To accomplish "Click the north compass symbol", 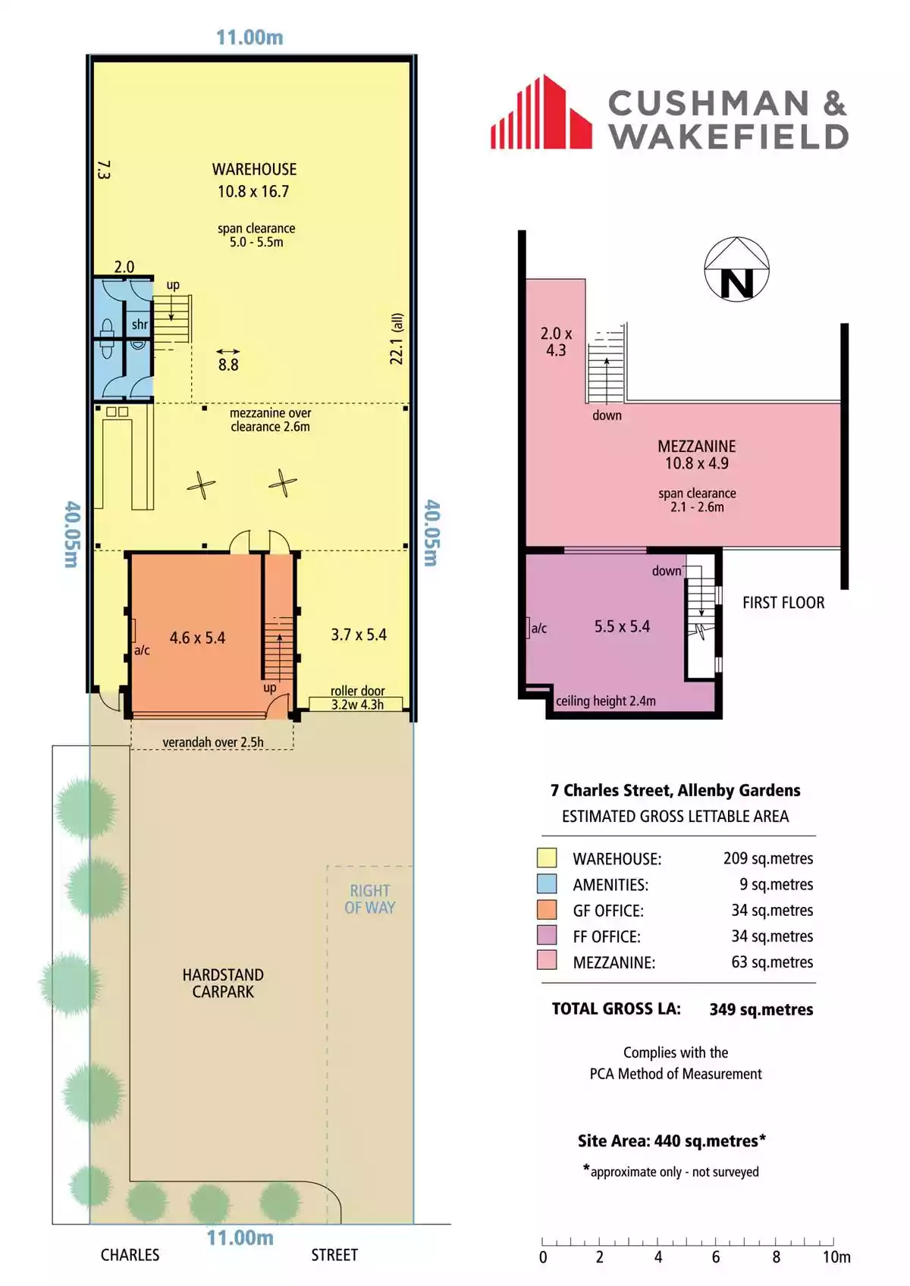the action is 736,269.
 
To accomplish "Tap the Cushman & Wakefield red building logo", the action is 541,112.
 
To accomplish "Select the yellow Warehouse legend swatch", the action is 547,858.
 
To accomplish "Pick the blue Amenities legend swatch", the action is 547,883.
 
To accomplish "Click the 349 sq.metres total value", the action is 761,1010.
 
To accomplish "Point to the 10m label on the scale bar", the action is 836,1257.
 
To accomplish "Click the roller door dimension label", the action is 357,698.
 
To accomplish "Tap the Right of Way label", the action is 370,899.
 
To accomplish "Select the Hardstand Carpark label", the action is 224,983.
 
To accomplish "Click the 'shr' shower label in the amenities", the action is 140,325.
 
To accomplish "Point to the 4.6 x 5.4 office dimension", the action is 197,638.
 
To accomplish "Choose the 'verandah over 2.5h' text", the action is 213,742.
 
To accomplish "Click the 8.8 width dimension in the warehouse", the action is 228,365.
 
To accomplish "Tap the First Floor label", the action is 783,602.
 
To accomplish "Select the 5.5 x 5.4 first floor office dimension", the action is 622,626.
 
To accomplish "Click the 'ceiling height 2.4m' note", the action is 606,701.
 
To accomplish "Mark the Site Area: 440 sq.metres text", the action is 672,1140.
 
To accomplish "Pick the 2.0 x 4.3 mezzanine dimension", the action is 557,341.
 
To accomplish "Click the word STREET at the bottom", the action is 334,1255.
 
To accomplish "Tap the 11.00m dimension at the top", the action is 249,37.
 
